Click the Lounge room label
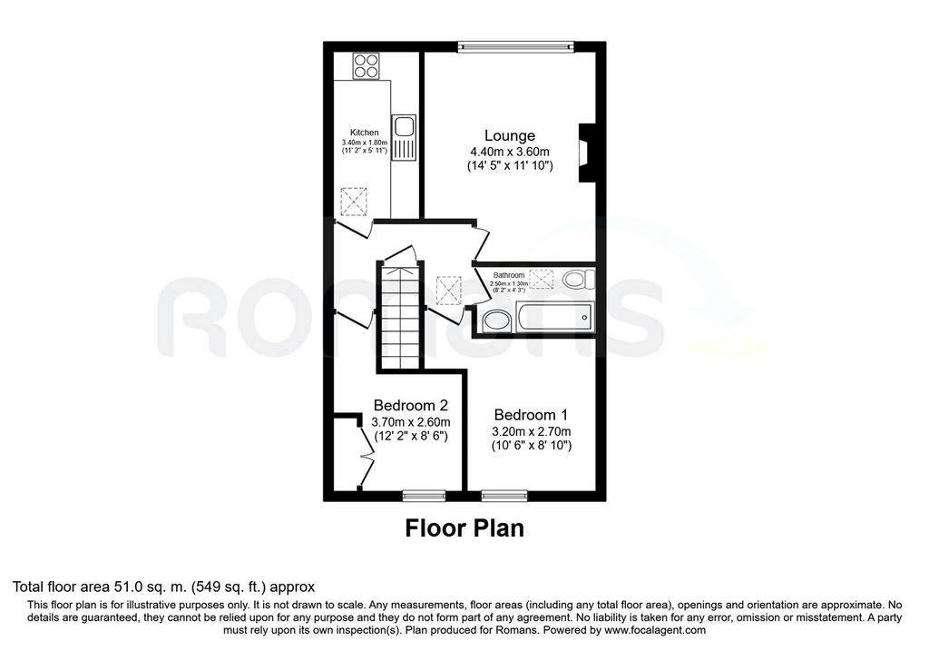click(510, 136)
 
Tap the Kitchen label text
click(365, 133)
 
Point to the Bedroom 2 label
click(411, 406)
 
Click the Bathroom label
click(509, 275)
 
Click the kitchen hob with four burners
click(367, 65)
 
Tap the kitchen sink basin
click(406, 127)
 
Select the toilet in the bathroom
click(578, 279)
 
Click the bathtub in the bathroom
click(554, 319)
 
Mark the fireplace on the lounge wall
click(587, 153)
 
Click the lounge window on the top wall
click(516, 46)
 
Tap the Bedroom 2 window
click(424, 495)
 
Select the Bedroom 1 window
click(504, 495)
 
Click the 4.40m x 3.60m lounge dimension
click(510, 152)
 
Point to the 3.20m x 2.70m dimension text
click(532, 431)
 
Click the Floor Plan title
click(464, 528)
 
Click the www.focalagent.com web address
click(654, 630)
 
